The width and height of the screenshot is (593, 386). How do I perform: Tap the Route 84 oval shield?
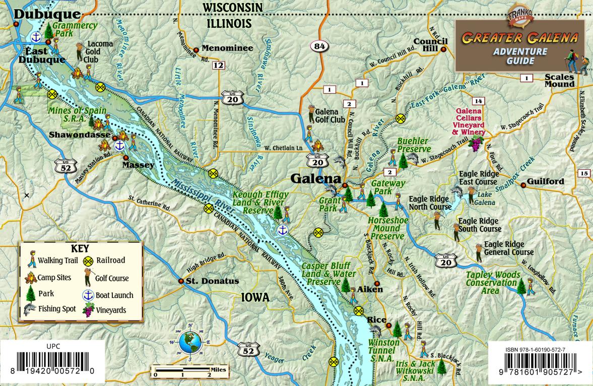pyautogui.click(x=319, y=46)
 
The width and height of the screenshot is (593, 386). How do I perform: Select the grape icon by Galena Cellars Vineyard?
pyautogui.click(x=475, y=142)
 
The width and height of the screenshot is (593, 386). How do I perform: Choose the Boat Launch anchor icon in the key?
pyautogui.click(x=88, y=294)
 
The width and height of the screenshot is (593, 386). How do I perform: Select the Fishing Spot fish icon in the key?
pyautogui.click(x=29, y=309)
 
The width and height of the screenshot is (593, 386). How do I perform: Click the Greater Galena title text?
pyautogui.click(x=520, y=38)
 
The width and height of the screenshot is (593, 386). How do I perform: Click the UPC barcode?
pyautogui.click(x=53, y=363)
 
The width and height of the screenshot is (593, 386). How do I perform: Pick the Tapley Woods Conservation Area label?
pyautogui.click(x=492, y=282)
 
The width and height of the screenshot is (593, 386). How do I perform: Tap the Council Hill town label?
pyautogui.click(x=430, y=45)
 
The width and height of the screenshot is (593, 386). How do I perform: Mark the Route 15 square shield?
pyautogui.click(x=583, y=174)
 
